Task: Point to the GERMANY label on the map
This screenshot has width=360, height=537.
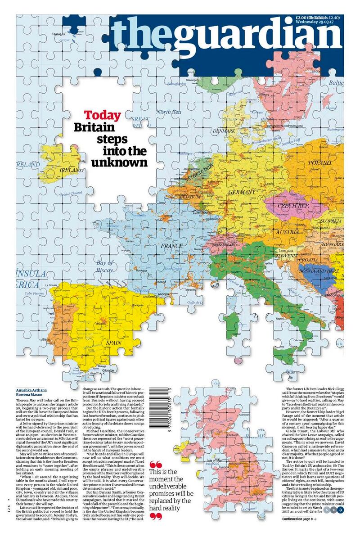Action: pyautogui.click(x=242, y=192)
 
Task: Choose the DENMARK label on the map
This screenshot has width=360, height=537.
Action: pyautogui.click(x=224, y=131)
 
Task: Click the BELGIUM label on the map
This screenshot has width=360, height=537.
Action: pyautogui.click(x=189, y=197)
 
